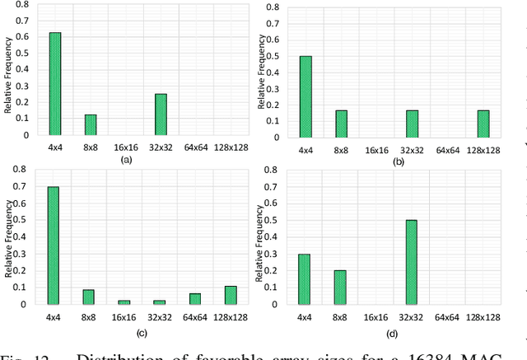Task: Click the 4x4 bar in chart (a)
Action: pyautogui.click(x=54, y=83)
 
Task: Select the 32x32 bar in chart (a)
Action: pyautogui.click(x=161, y=115)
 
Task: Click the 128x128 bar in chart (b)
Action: pyautogui.click(x=483, y=124)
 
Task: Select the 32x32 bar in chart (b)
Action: pyautogui.click(x=412, y=124)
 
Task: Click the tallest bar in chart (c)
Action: pyautogui.click(x=54, y=245)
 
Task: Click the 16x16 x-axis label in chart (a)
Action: pyautogui.click(x=125, y=145)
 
